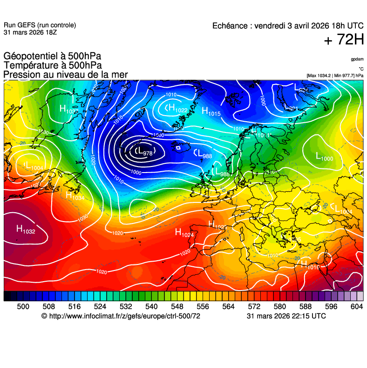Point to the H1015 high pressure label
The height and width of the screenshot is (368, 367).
click(211, 111)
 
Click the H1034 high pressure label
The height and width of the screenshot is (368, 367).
click(75, 196)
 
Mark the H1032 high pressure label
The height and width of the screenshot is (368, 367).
click(26, 229)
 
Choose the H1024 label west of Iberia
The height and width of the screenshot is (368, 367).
click(184, 233)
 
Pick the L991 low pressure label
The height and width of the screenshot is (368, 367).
click(291, 108)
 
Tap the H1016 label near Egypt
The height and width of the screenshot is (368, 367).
click(310, 265)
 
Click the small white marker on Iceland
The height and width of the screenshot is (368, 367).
click(178, 148)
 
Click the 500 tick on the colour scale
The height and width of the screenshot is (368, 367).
click(23, 306)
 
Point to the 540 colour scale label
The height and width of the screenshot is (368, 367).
click(151, 306)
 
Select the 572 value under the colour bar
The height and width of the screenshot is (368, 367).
click(254, 306)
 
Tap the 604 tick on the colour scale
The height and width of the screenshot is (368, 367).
click(357, 306)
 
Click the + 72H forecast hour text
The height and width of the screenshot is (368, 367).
click(344, 40)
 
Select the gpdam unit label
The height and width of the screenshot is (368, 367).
click(357, 59)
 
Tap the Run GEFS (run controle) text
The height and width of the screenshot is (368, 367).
click(40, 25)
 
